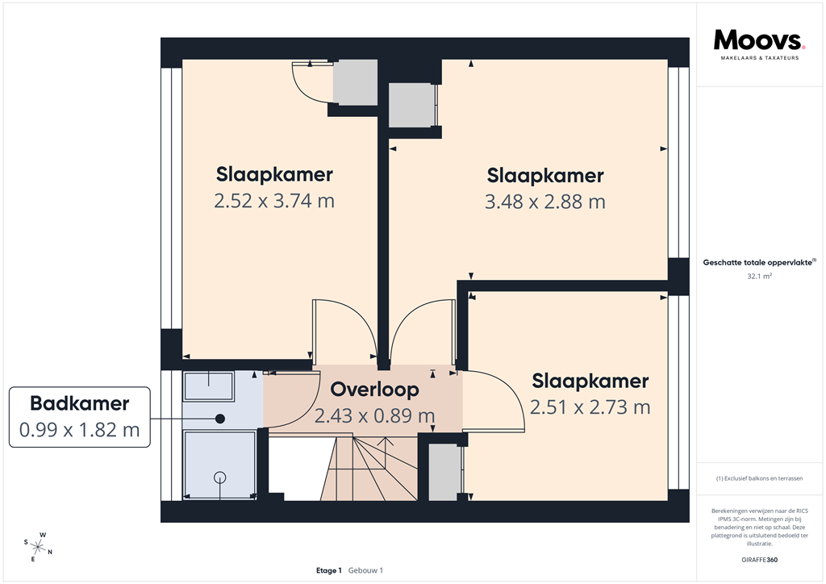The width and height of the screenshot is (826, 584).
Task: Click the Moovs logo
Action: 759,40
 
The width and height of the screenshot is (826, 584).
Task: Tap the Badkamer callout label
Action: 79,404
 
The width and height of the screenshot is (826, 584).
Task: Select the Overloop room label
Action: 375,390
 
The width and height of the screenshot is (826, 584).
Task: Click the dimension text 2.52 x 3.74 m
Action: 274,201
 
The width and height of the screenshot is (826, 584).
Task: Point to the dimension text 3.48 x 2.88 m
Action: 545,201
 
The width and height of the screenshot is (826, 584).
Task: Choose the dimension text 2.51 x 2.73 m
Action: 590,407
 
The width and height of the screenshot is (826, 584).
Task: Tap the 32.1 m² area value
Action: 760,276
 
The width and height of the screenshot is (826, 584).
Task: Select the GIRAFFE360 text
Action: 760,560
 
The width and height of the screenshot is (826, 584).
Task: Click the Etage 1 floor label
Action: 329,570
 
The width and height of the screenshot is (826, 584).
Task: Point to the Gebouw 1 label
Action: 365,570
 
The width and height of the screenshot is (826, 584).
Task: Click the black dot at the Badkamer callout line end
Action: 219,419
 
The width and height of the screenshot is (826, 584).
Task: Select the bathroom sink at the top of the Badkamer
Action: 209,386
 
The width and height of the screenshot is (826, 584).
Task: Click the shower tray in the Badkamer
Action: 219,465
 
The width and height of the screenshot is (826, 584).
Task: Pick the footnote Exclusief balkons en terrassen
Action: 760,478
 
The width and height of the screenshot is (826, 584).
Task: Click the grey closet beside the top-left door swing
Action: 355,82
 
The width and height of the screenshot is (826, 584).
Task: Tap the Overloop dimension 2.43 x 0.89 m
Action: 375,416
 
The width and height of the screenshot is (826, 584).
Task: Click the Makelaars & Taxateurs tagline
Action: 759,59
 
